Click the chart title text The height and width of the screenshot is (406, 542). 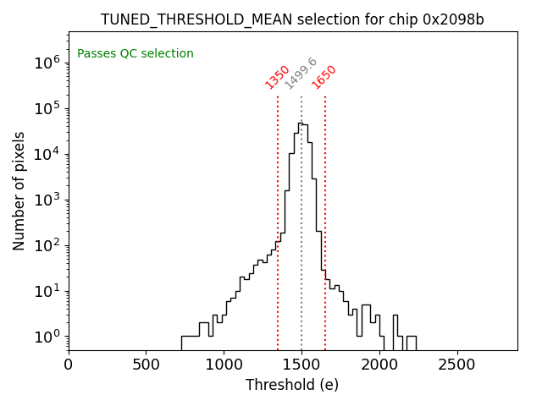tap(292, 19)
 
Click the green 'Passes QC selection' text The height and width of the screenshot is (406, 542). tap(135, 54)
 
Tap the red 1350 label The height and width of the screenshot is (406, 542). tap(278, 77)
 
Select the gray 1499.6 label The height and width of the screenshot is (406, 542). tap(301, 74)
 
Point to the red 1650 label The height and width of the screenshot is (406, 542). tap(324, 77)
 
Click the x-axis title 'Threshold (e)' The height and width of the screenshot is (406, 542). tap(292, 385)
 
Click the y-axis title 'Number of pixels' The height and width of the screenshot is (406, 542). tap(19, 191)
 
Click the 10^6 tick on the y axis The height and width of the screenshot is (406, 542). tap(46, 63)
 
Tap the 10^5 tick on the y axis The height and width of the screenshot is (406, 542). tap(46, 108)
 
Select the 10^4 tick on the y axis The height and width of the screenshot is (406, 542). tap(46, 154)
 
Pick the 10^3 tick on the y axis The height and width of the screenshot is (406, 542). tap(46, 200)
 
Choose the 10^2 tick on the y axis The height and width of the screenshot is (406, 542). tap(46, 245)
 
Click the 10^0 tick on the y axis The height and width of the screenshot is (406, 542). tap(46, 337)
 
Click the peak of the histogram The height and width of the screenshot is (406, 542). tap(300, 123)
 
